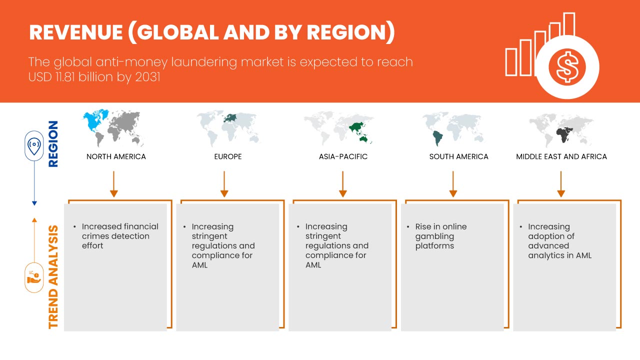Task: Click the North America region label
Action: (x=116, y=156)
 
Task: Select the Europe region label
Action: (x=227, y=156)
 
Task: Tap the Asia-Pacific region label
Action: (x=343, y=156)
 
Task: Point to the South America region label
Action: (x=458, y=156)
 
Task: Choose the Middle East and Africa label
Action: (x=561, y=156)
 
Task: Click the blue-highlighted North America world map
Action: (x=113, y=128)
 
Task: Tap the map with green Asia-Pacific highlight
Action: (x=339, y=128)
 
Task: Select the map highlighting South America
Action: (x=454, y=128)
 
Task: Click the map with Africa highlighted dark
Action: (x=561, y=128)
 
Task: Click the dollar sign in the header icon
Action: (x=566, y=67)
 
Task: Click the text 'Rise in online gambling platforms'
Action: (x=441, y=236)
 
